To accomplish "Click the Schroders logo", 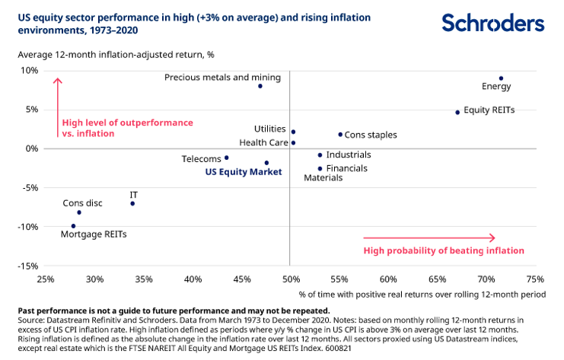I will point(492,22).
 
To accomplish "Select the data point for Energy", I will point(501,78).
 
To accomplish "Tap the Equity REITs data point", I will point(457,112).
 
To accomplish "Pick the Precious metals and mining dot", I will point(260,86).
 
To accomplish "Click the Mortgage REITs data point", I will point(73,226).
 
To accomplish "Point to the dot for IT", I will point(132,203).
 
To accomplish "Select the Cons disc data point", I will point(79,212).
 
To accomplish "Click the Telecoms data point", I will point(226,158).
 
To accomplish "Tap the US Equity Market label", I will point(244,172).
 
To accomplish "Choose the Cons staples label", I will point(371,135).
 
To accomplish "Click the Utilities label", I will point(270,129).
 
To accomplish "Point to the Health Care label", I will point(263,142).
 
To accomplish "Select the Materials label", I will point(323,178).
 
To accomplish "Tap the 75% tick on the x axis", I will point(535,279).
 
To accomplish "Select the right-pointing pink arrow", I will point(429,238).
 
